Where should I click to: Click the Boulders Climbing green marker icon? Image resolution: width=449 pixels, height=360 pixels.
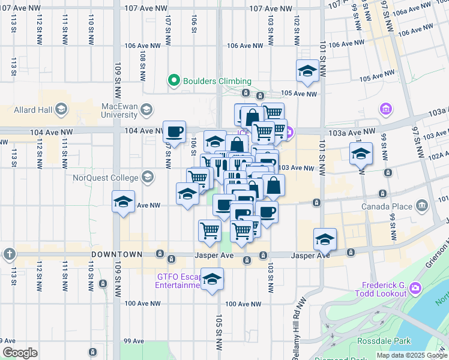click(174, 80)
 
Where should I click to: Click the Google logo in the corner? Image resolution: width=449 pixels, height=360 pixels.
click(20, 352)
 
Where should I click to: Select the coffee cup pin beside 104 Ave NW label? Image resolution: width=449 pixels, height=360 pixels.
click(175, 131)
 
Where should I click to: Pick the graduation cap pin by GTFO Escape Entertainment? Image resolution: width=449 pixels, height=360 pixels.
click(211, 279)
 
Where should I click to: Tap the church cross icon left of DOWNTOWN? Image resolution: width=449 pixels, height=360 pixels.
click(9, 254)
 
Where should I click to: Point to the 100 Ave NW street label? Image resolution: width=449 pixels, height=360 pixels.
click(143, 303)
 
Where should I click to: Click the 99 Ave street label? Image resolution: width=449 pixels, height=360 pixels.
click(134, 341)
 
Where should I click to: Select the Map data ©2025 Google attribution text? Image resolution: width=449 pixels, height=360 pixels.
click(411, 355)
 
